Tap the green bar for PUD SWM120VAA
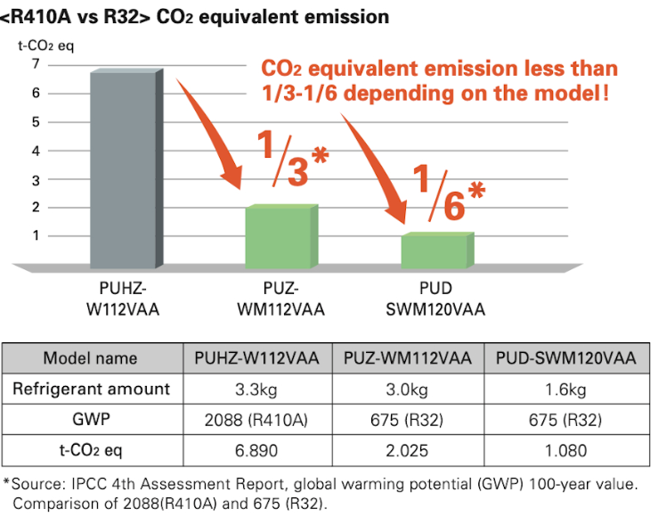click(435, 251)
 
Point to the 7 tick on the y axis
click(36, 63)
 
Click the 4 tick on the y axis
click(36, 151)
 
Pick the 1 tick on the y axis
click(36, 236)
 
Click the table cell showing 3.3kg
click(256, 389)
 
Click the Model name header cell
click(91, 358)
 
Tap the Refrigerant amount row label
click(91, 389)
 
